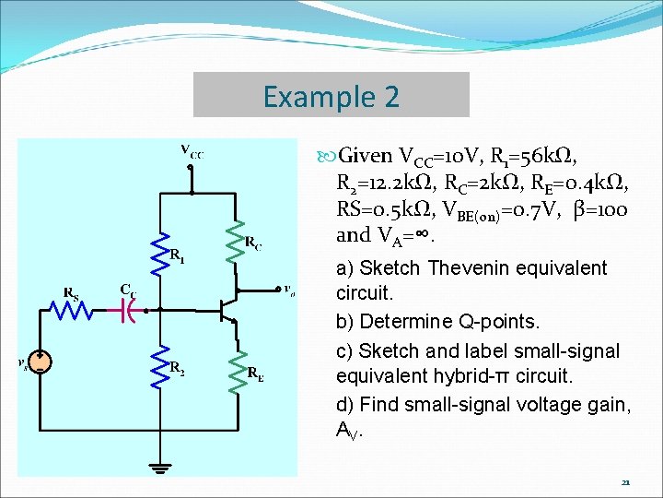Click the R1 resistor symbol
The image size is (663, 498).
click(161, 251)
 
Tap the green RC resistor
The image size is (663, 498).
click(235, 241)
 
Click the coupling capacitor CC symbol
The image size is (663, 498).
click(130, 311)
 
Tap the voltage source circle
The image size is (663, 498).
click(39, 362)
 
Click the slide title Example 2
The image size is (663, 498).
click(331, 95)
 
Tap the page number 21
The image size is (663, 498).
click(625, 482)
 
